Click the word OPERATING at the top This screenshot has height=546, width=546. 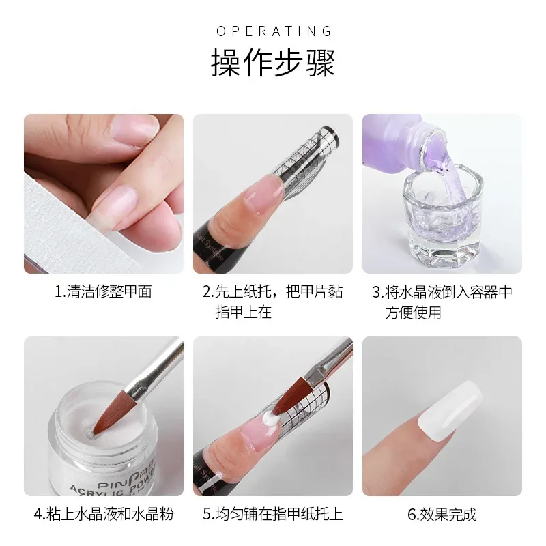[x=273, y=31]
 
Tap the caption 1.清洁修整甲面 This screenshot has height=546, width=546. [x=103, y=292]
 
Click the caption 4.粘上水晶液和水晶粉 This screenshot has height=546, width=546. [x=103, y=514]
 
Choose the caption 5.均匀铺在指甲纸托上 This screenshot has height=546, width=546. [x=273, y=514]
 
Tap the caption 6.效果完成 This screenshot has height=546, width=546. [x=442, y=514]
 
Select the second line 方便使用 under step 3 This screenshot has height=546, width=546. [x=412, y=312]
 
